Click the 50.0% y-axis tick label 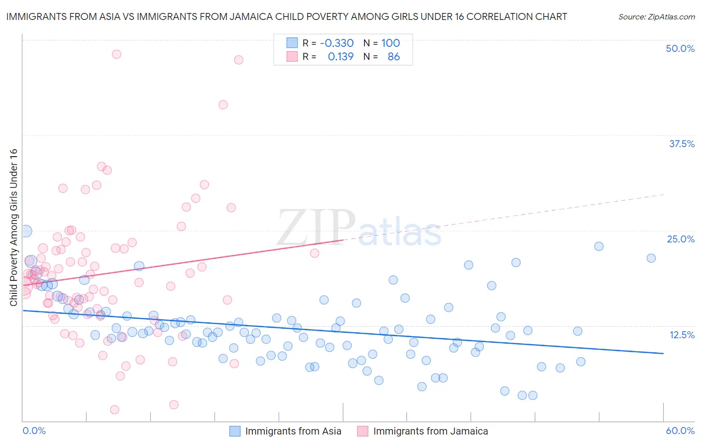[x=680, y=48]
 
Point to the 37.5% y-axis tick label [x=682, y=144]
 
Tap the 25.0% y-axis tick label [x=681, y=239]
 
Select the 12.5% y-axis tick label [x=682, y=335]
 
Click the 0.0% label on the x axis [x=34, y=431]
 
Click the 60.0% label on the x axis [x=680, y=431]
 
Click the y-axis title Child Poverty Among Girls [x=13, y=227]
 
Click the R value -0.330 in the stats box [x=337, y=43]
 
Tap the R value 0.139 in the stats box [x=341, y=56]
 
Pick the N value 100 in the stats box [x=390, y=43]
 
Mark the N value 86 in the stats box [x=393, y=56]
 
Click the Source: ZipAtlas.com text [x=656, y=16]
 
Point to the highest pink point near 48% [x=116, y=54]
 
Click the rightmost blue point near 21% [x=651, y=258]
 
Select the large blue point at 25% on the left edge [x=26, y=231]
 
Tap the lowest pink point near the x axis [x=114, y=410]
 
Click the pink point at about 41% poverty [x=223, y=105]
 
